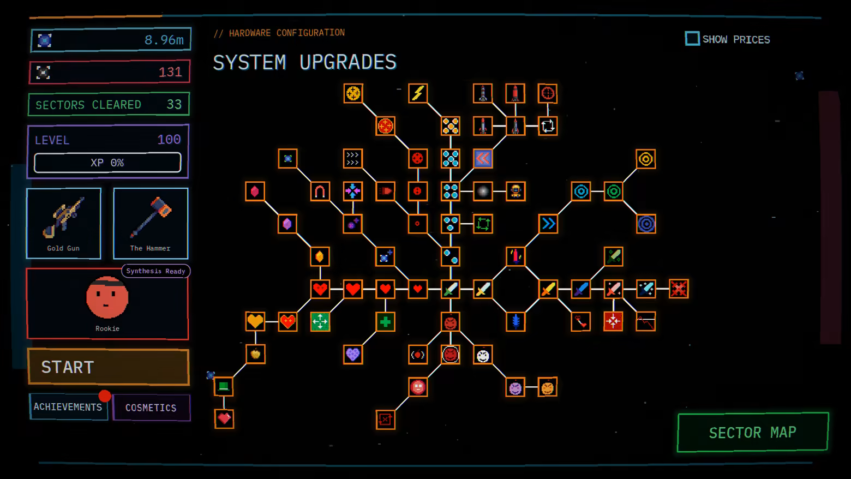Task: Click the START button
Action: [108, 367]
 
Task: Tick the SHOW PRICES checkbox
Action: [692, 39]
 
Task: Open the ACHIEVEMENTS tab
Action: [68, 407]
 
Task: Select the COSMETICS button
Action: [151, 408]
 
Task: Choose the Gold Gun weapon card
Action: [63, 223]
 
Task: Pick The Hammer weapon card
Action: [151, 223]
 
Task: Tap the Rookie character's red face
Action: [107, 297]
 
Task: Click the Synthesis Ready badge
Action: [156, 271]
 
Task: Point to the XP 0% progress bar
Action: [107, 163]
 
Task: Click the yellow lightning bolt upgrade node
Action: [418, 93]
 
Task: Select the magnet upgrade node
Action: [320, 191]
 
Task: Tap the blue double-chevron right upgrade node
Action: [548, 224]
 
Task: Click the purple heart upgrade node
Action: [353, 355]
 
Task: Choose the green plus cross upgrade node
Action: [385, 322]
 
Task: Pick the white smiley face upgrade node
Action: [483, 355]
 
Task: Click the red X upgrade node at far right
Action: [679, 289]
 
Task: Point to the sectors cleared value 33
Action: [174, 104]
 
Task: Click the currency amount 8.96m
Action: [164, 39]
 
